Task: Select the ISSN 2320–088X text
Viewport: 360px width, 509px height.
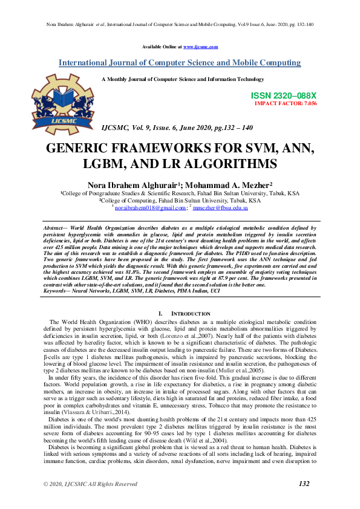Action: (x=283, y=96)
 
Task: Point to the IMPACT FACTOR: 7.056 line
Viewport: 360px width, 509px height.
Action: (x=285, y=103)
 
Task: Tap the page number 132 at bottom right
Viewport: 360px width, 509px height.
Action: (x=304, y=484)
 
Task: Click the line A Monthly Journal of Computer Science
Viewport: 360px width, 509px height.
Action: (x=183, y=79)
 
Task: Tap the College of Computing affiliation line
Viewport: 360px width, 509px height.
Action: (x=180, y=200)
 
